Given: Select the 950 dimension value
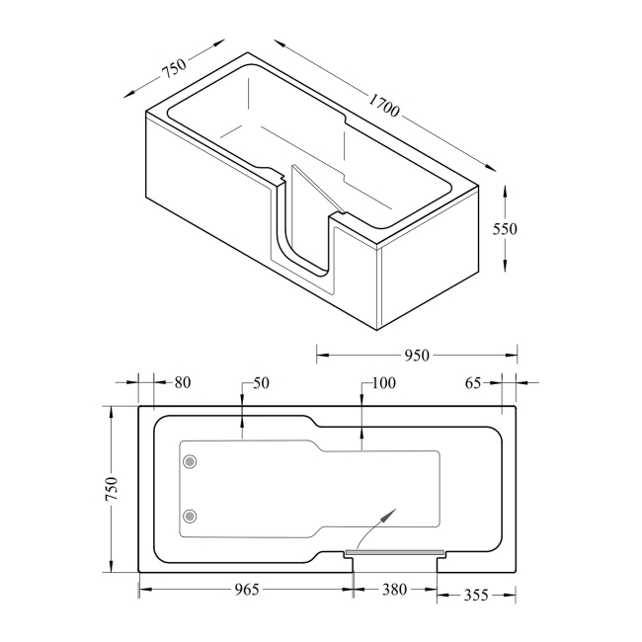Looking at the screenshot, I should click(416, 357).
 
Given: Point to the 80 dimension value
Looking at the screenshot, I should click(181, 382).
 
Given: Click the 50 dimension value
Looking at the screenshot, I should click(261, 382).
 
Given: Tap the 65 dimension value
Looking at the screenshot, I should click(473, 382).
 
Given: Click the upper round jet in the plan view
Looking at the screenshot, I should click(191, 461).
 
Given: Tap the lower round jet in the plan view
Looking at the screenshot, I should click(191, 515).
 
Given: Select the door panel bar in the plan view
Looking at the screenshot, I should click(395, 551).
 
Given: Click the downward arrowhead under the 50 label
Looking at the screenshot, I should click(242, 430).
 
